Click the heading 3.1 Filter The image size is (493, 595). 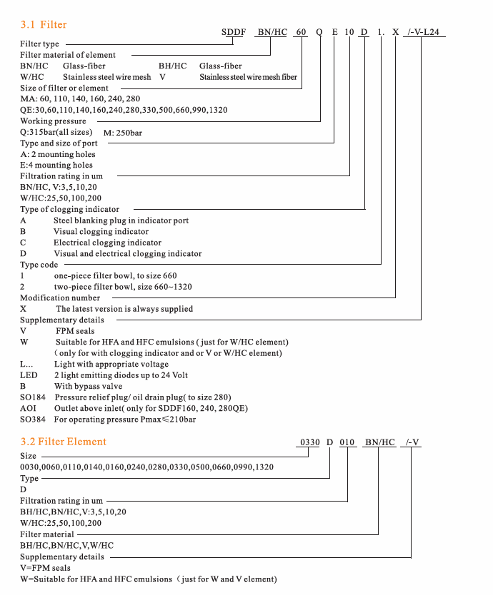tap(44, 25)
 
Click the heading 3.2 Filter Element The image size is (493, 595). tap(64, 442)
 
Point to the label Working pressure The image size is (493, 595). tap(53, 121)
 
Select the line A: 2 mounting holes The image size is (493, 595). tap(57, 154)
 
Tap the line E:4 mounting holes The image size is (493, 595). tap(56, 166)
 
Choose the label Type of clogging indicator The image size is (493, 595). tap(69, 209)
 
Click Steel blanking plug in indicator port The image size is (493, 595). tap(121, 220)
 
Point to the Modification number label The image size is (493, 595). tap(60, 297)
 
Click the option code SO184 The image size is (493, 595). tap(33, 397)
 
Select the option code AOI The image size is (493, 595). tap(28, 408)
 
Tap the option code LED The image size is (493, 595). tap(29, 375)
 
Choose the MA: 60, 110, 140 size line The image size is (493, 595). tap(80, 99)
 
